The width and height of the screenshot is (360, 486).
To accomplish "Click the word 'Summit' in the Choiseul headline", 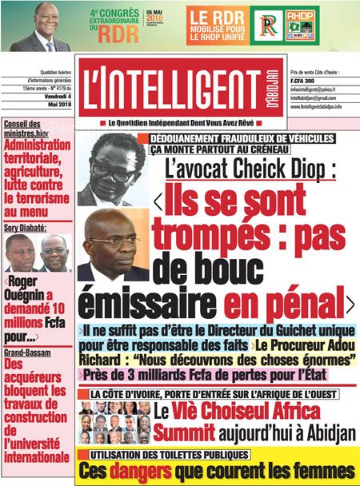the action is pos(185,432).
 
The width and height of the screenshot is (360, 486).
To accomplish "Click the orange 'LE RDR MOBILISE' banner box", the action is pos(219,26).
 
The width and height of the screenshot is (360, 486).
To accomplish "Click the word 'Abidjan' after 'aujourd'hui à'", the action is pos(315,432).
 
